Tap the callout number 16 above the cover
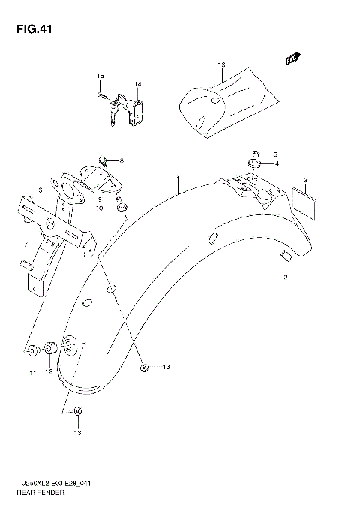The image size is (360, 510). coord(221,66)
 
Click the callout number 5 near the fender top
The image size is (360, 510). coord(275,151)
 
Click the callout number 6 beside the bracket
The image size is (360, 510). coord(40,190)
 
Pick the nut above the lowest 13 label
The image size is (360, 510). coord(80,412)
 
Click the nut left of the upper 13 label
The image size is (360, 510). coord(144,367)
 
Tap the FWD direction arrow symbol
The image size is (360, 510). coord(292,58)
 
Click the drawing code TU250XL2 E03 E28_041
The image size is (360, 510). coord(59,488)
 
